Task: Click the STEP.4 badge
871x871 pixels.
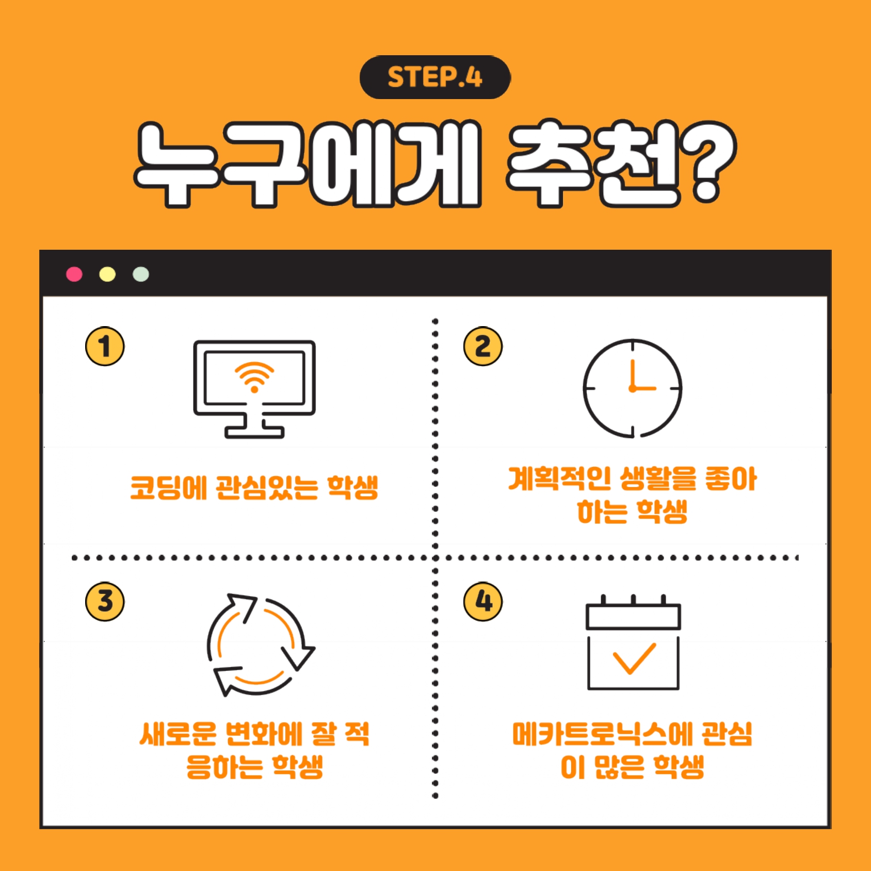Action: [435, 77]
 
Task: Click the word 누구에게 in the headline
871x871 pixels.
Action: [308, 164]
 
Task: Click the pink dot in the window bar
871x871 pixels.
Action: [74, 274]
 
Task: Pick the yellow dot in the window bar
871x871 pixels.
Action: [107, 274]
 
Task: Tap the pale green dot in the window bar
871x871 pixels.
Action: [141, 274]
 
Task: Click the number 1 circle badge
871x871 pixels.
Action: [105, 346]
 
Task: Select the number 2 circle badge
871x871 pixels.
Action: [483, 346]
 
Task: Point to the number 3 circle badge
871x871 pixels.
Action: [105, 602]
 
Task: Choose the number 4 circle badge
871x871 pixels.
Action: [483, 602]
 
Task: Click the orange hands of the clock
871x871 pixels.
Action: [640, 377]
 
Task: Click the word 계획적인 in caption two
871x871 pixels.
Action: [559, 478]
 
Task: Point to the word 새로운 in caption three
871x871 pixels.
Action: [178, 734]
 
